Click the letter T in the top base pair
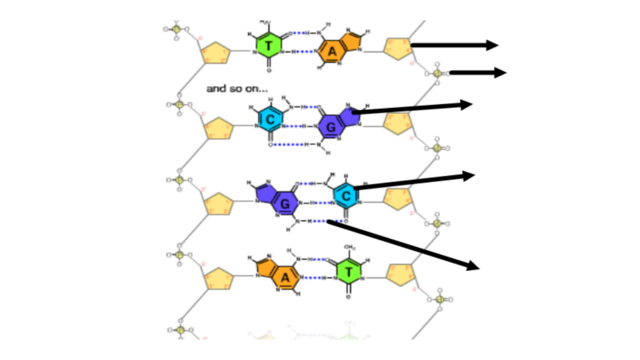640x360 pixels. (x=268, y=45)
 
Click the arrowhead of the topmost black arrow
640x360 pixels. (x=492, y=45)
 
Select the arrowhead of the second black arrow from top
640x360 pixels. (x=500, y=72)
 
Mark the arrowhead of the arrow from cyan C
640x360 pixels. (x=467, y=175)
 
